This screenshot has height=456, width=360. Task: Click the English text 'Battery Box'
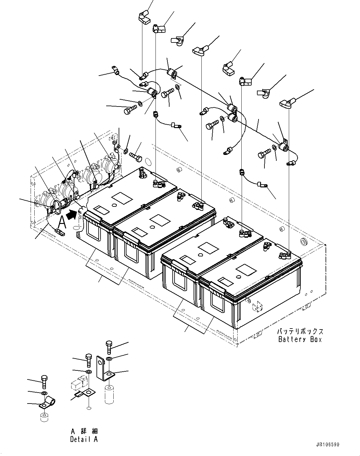[300, 339]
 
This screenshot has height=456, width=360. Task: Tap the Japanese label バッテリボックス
[300, 332]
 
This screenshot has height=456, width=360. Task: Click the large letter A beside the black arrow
[62, 223]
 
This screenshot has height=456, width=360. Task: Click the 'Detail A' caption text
[84, 439]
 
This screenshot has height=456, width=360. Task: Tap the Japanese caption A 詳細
[84, 431]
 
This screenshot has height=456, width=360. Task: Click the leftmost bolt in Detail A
[44, 382]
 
